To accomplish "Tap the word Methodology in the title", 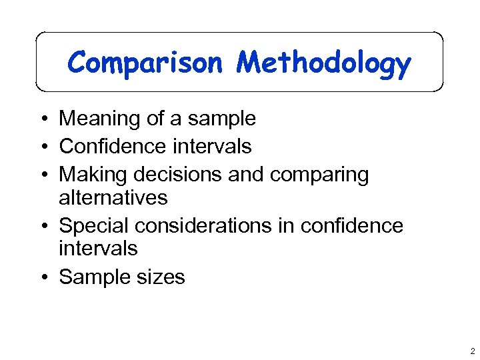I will pos(325,64).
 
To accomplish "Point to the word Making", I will pos(93,175).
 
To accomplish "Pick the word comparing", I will pos(319,175).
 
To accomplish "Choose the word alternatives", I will pos(113,198).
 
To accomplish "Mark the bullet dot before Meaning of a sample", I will pos(42,120).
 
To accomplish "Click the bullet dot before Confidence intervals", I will pos(42,147).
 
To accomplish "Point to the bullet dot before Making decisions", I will pos(42,175).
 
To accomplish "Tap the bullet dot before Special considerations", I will pos(42,227).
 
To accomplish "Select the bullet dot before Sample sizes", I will pos(42,277).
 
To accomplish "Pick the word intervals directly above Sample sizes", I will pos(98,249).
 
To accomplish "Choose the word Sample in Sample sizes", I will pos(94,277).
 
